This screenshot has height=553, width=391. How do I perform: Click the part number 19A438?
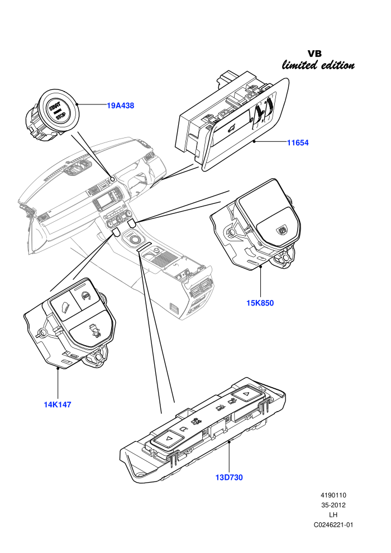pos(121,106)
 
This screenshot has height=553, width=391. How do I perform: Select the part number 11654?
pos(298,142)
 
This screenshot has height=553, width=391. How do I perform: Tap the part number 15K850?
pos(260,303)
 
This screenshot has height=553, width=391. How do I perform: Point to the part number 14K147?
pos(58,404)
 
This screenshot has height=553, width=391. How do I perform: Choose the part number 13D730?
pos(229,478)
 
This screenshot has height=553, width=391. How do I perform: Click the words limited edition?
pos(318,65)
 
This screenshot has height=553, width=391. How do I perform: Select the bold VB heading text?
pos(314,54)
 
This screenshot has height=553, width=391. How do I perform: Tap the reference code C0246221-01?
pos(333,525)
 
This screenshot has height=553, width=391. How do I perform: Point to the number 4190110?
pos(333,495)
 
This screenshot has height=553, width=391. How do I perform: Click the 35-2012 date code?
pos(333,505)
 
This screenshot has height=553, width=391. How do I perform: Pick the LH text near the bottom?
pos(333,515)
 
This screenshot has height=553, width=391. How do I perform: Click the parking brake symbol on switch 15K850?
pos(281,230)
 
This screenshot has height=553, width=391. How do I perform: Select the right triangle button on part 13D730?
pos(247,394)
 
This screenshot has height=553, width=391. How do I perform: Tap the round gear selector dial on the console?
pos(134,240)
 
